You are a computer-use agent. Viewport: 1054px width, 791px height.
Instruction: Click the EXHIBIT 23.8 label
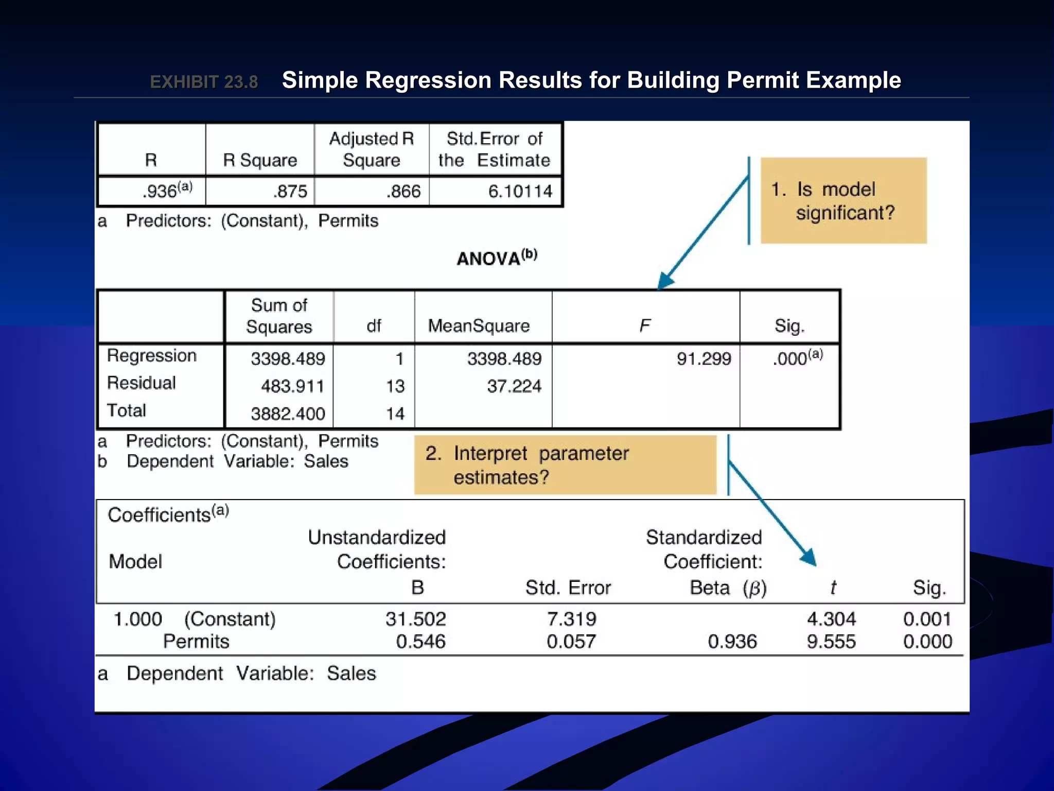click(x=204, y=82)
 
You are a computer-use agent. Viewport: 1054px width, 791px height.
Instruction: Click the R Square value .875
click(x=290, y=192)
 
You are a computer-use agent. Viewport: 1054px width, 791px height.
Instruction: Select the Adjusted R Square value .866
click(x=404, y=192)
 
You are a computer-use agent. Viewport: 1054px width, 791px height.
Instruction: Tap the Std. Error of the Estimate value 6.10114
click(x=520, y=192)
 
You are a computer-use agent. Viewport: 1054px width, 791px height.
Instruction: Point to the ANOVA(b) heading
click(x=497, y=257)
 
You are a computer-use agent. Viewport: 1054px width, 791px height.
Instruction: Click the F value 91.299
click(x=704, y=358)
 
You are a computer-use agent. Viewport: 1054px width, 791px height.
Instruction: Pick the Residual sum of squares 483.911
click(x=292, y=386)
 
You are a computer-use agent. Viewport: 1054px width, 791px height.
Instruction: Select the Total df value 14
click(x=395, y=414)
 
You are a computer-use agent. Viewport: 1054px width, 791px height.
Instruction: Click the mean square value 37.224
click(x=514, y=386)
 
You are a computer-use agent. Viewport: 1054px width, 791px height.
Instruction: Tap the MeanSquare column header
click(x=479, y=325)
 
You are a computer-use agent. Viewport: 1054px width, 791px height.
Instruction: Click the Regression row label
click(x=152, y=355)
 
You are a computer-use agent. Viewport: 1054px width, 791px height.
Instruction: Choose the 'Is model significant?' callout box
click(x=844, y=201)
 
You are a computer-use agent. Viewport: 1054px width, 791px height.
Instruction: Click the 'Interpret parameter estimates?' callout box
click(x=565, y=465)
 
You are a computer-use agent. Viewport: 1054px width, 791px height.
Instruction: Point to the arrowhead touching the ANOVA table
click(x=665, y=281)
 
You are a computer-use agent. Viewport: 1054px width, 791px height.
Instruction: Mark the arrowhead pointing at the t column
click(x=809, y=558)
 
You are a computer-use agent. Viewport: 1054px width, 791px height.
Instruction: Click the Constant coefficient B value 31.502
click(x=416, y=619)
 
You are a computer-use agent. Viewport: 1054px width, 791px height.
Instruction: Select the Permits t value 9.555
click(x=831, y=642)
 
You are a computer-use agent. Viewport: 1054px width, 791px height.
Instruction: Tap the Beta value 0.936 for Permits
click(x=732, y=642)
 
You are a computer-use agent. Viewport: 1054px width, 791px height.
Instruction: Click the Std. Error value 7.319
click(x=571, y=619)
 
